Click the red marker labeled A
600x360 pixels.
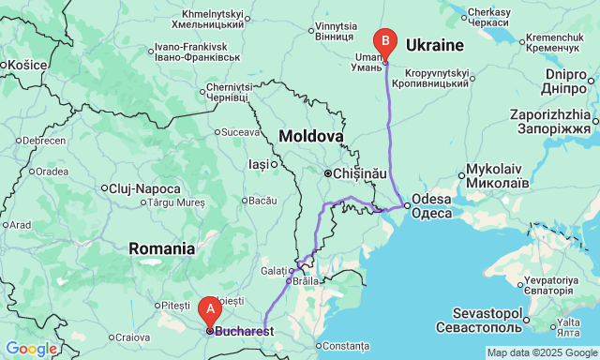click(210, 307)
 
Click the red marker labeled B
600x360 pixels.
click(384, 42)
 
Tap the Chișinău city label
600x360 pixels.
click(360, 173)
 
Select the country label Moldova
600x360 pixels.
click(310, 137)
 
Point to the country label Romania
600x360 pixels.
click(162, 248)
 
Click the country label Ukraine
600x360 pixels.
click(434, 45)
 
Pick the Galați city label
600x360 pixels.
click(274, 270)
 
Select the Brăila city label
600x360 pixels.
click(305, 281)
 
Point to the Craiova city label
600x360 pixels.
click(132, 337)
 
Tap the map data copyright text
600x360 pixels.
click(541, 353)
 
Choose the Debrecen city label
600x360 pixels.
click(44, 141)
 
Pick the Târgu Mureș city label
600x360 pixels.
click(175, 202)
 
